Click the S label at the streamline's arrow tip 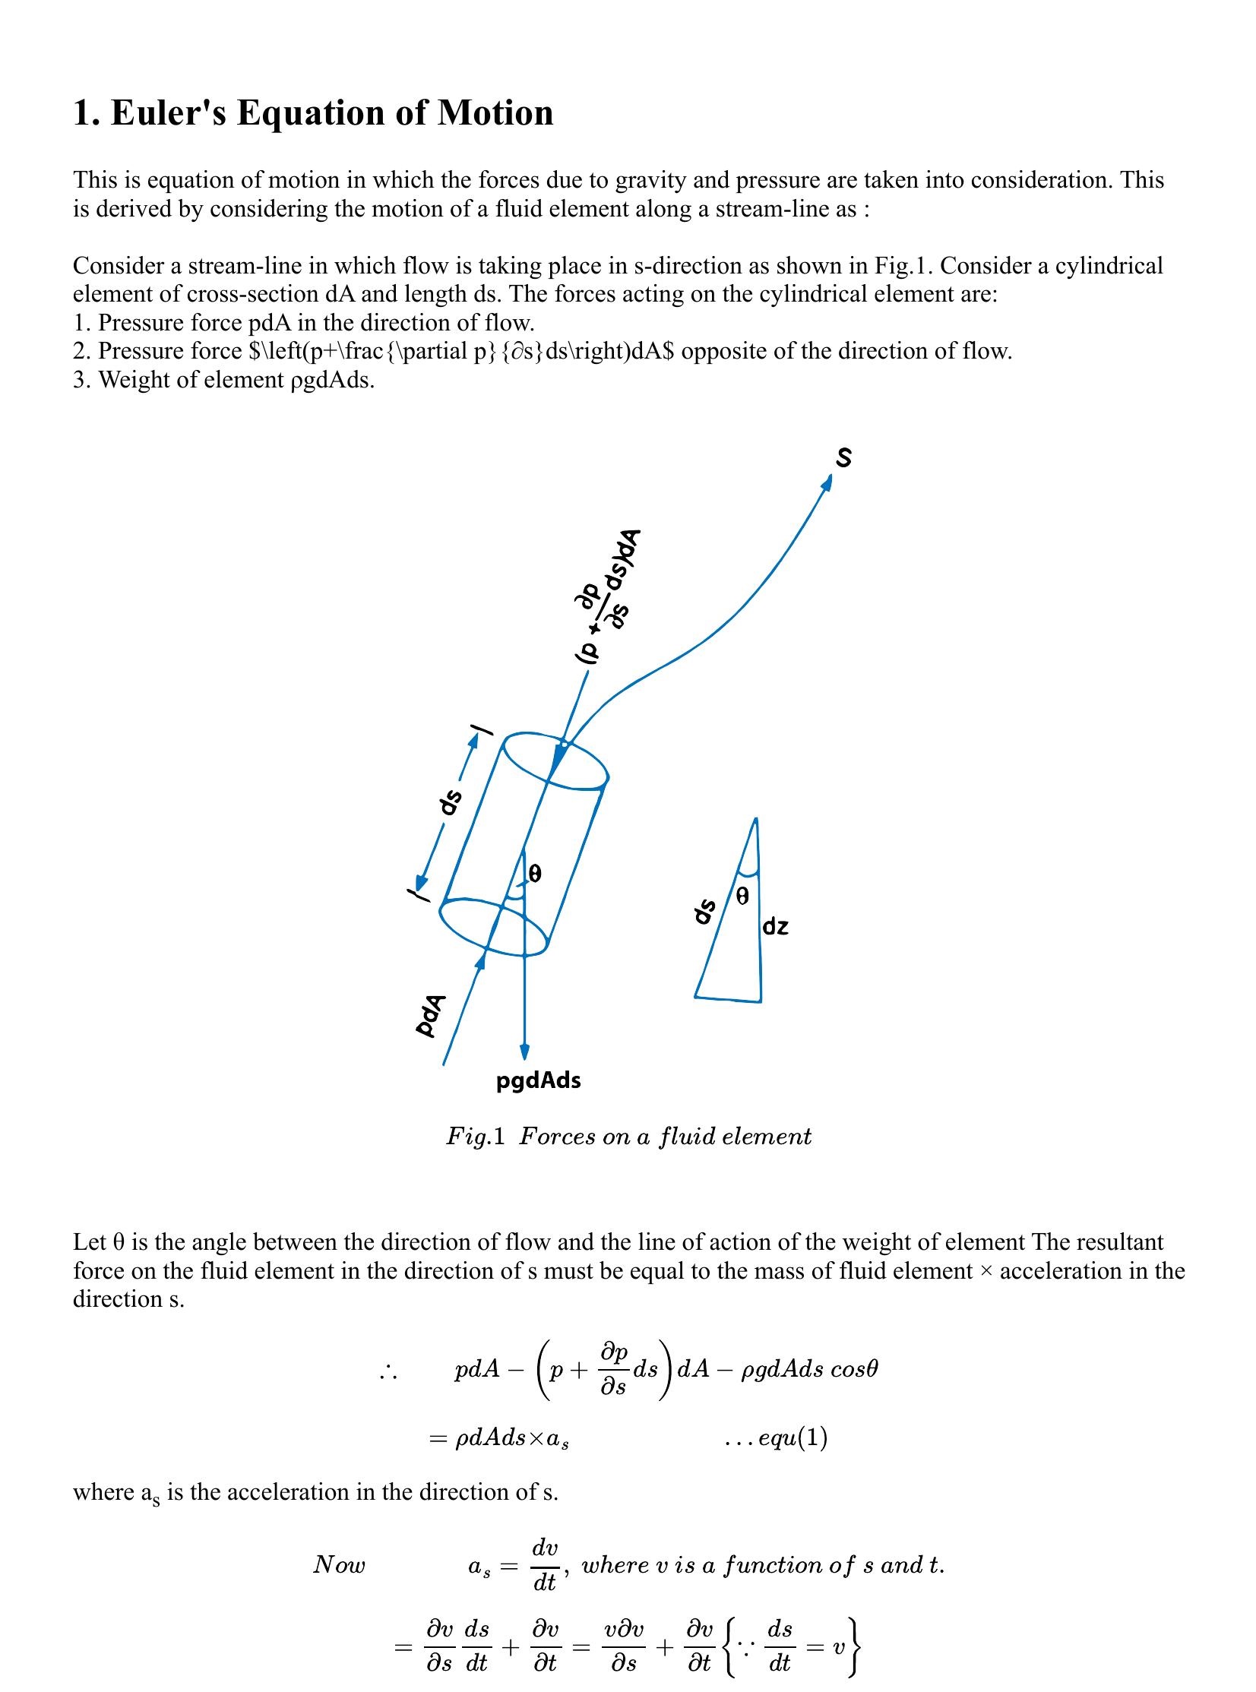pyautogui.click(x=843, y=457)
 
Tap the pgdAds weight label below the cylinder pyautogui.click(x=538, y=1080)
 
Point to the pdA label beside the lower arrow pyautogui.click(x=430, y=1015)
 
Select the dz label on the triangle pyautogui.click(x=776, y=927)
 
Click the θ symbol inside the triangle pyautogui.click(x=743, y=897)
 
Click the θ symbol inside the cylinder pyautogui.click(x=534, y=874)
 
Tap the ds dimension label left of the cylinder pyautogui.click(x=450, y=803)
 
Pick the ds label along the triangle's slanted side pyautogui.click(x=706, y=912)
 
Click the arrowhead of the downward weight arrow pyautogui.click(x=524, y=1052)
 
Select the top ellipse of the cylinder pyautogui.click(x=555, y=760)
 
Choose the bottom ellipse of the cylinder pyautogui.click(x=494, y=927)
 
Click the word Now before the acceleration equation pyautogui.click(x=339, y=1564)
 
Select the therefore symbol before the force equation pyautogui.click(x=388, y=1371)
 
